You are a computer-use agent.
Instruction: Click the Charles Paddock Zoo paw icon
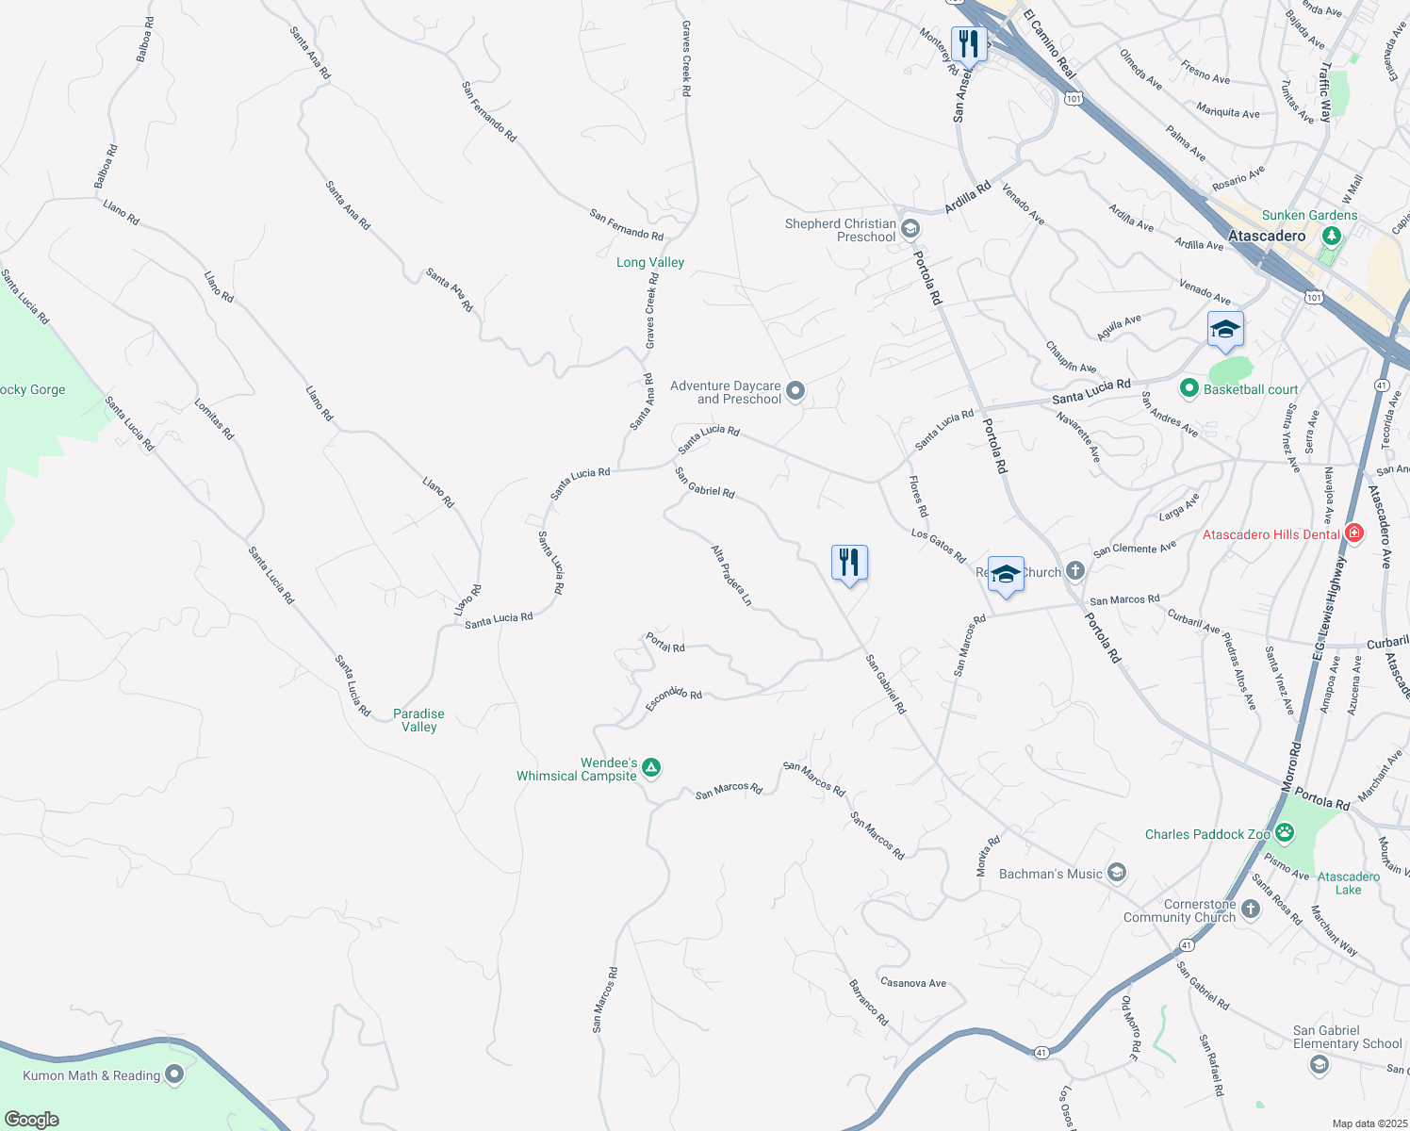click(x=1285, y=833)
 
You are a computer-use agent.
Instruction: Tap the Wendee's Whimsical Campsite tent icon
click(x=650, y=769)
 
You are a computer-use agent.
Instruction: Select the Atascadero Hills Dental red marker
click(x=1354, y=533)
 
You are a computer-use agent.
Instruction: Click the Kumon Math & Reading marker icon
click(x=174, y=1074)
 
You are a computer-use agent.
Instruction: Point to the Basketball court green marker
click(x=1189, y=388)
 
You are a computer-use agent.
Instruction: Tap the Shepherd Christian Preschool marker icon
click(x=910, y=228)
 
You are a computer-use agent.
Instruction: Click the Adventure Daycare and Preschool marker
click(x=795, y=391)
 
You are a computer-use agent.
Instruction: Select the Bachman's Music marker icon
click(x=1117, y=873)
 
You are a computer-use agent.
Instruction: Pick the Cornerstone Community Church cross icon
click(x=1250, y=909)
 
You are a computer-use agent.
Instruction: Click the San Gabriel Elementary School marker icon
click(x=1320, y=1065)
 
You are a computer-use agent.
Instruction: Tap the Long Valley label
click(x=650, y=262)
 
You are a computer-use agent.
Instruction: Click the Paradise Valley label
click(x=418, y=720)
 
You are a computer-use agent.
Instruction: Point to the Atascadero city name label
click(x=1267, y=236)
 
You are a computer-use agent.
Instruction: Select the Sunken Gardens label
click(x=1309, y=215)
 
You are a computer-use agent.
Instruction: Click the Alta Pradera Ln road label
click(x=731, y=575)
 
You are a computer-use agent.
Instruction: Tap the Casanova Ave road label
click(x=912, y=983)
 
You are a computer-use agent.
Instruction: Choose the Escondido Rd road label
click(x=674, y=698)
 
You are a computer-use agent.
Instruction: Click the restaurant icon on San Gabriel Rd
click(x=849, y=563)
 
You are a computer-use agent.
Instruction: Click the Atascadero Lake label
click(x=1348, y=883)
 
